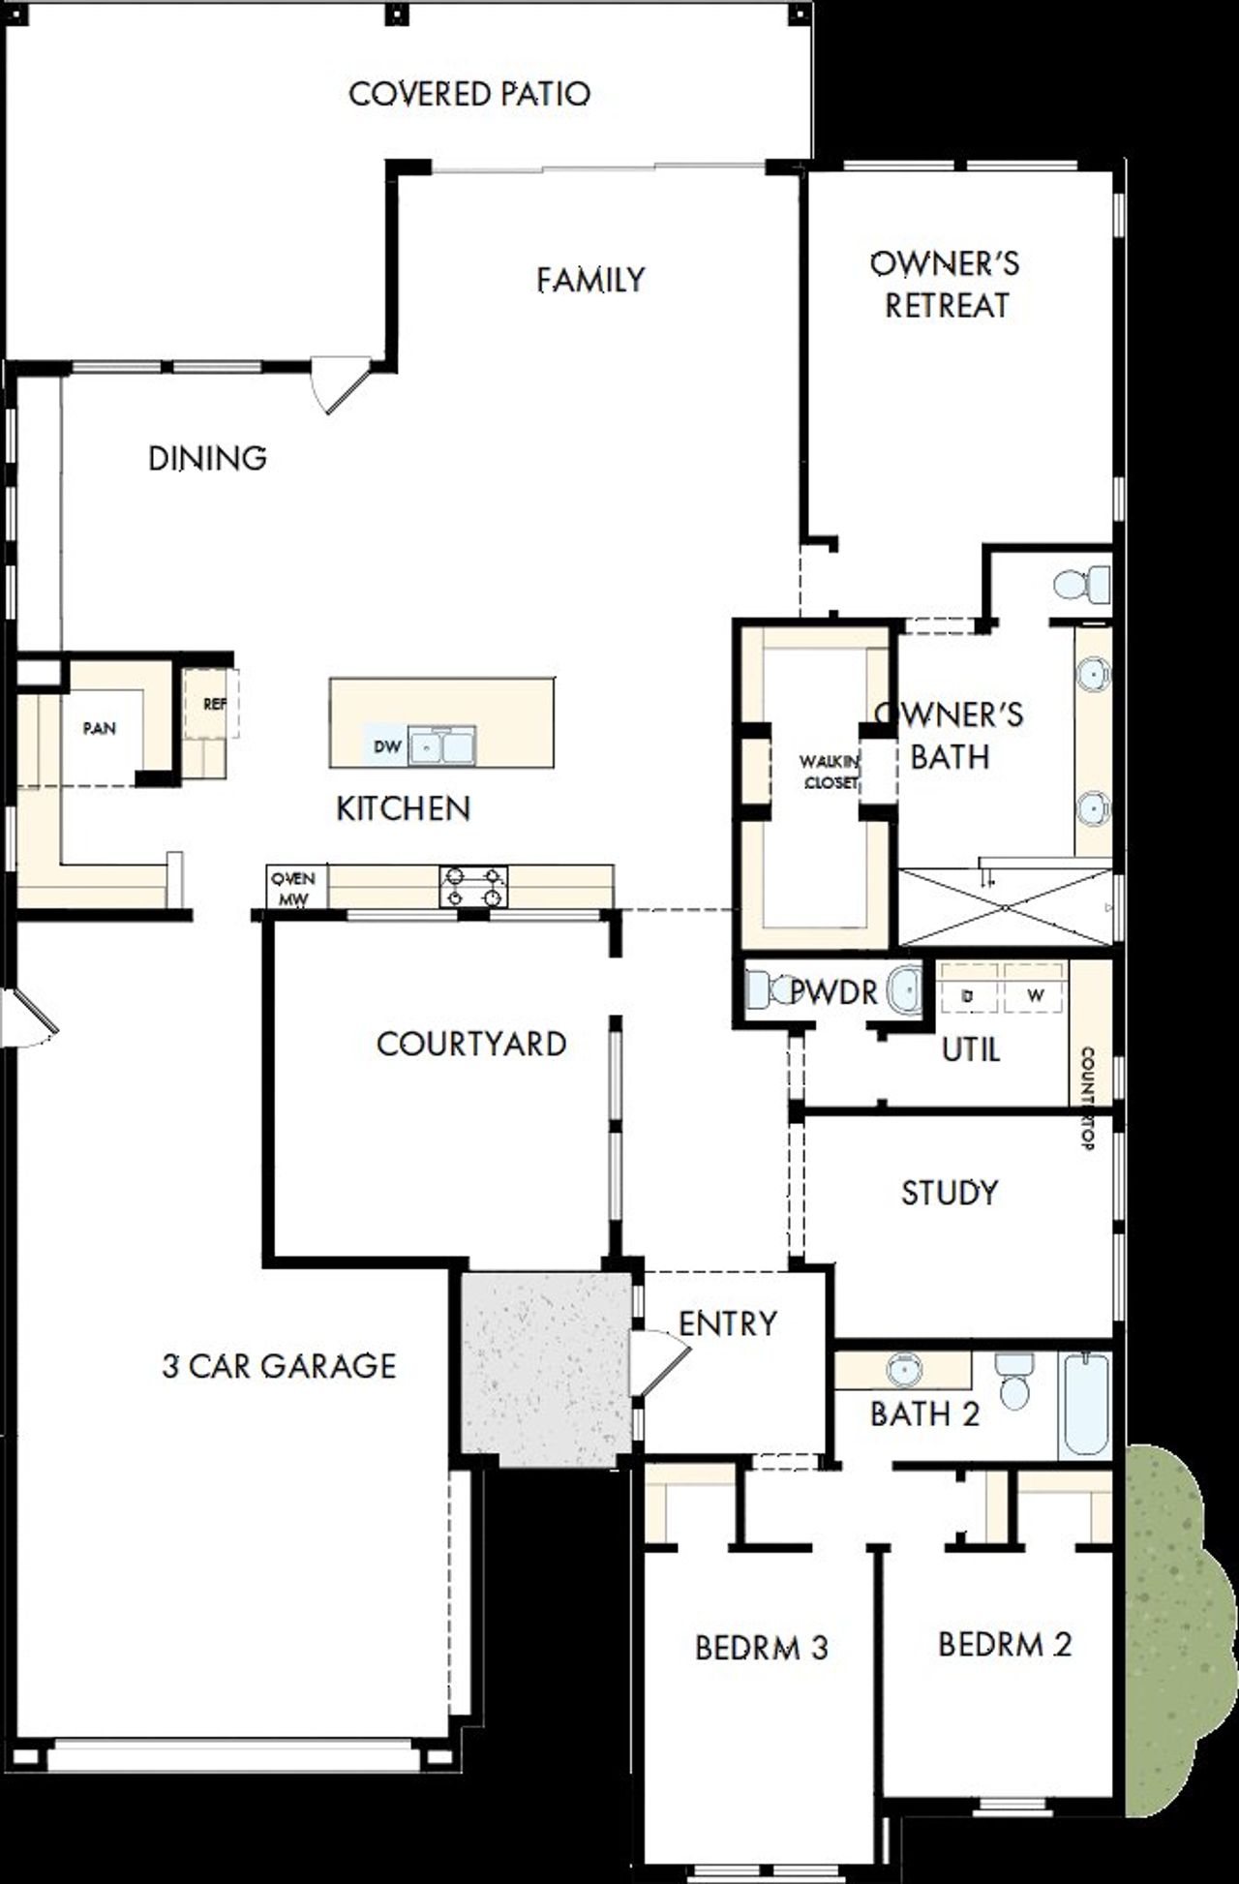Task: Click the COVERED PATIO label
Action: coord(468,94)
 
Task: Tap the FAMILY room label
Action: coord(590,280)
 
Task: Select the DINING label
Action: coord(207,458)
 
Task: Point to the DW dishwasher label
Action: coord(387,746)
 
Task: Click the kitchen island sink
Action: coord(441,746)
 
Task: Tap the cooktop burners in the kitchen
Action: coord(473,887)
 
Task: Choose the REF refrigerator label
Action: coord(214,704)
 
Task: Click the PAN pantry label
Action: coord(99,728)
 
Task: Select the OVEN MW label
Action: coord(292,888)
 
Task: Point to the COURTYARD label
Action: coord(471,1044)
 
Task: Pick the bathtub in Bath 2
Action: coord(1084,1405)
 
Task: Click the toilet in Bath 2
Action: coord(1013,1384)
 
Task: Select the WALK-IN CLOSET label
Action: coord(830,773)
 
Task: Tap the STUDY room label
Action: coord(949,1193)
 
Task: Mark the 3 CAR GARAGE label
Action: coord(279,1366)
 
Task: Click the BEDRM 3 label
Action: coord(762,1648)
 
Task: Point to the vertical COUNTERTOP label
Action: coord(1087,1098)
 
